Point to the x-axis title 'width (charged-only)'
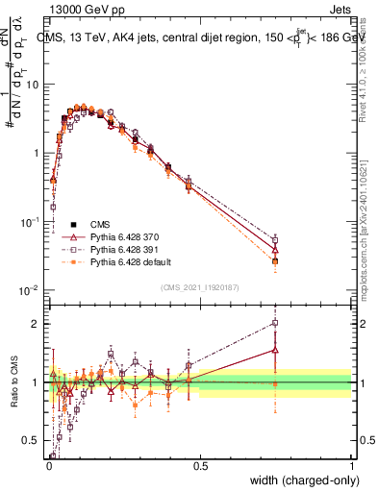299,480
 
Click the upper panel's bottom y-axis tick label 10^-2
29,290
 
